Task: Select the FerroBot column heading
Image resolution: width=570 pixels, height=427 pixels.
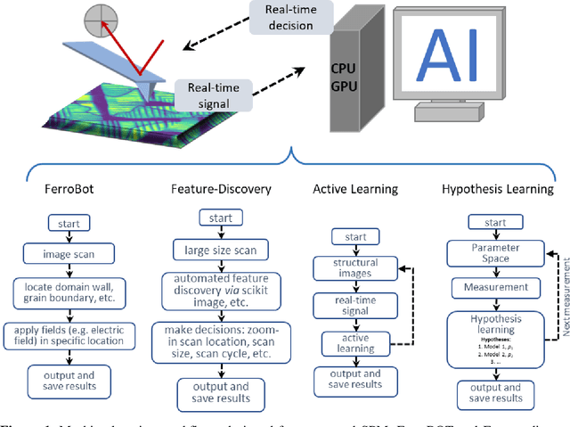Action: click(65, 189)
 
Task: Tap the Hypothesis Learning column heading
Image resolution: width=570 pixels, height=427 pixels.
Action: click(497, 189)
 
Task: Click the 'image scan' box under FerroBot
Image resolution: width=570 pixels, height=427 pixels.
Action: click(64, 253)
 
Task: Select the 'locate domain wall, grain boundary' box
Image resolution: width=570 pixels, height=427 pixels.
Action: click(64, 292)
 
